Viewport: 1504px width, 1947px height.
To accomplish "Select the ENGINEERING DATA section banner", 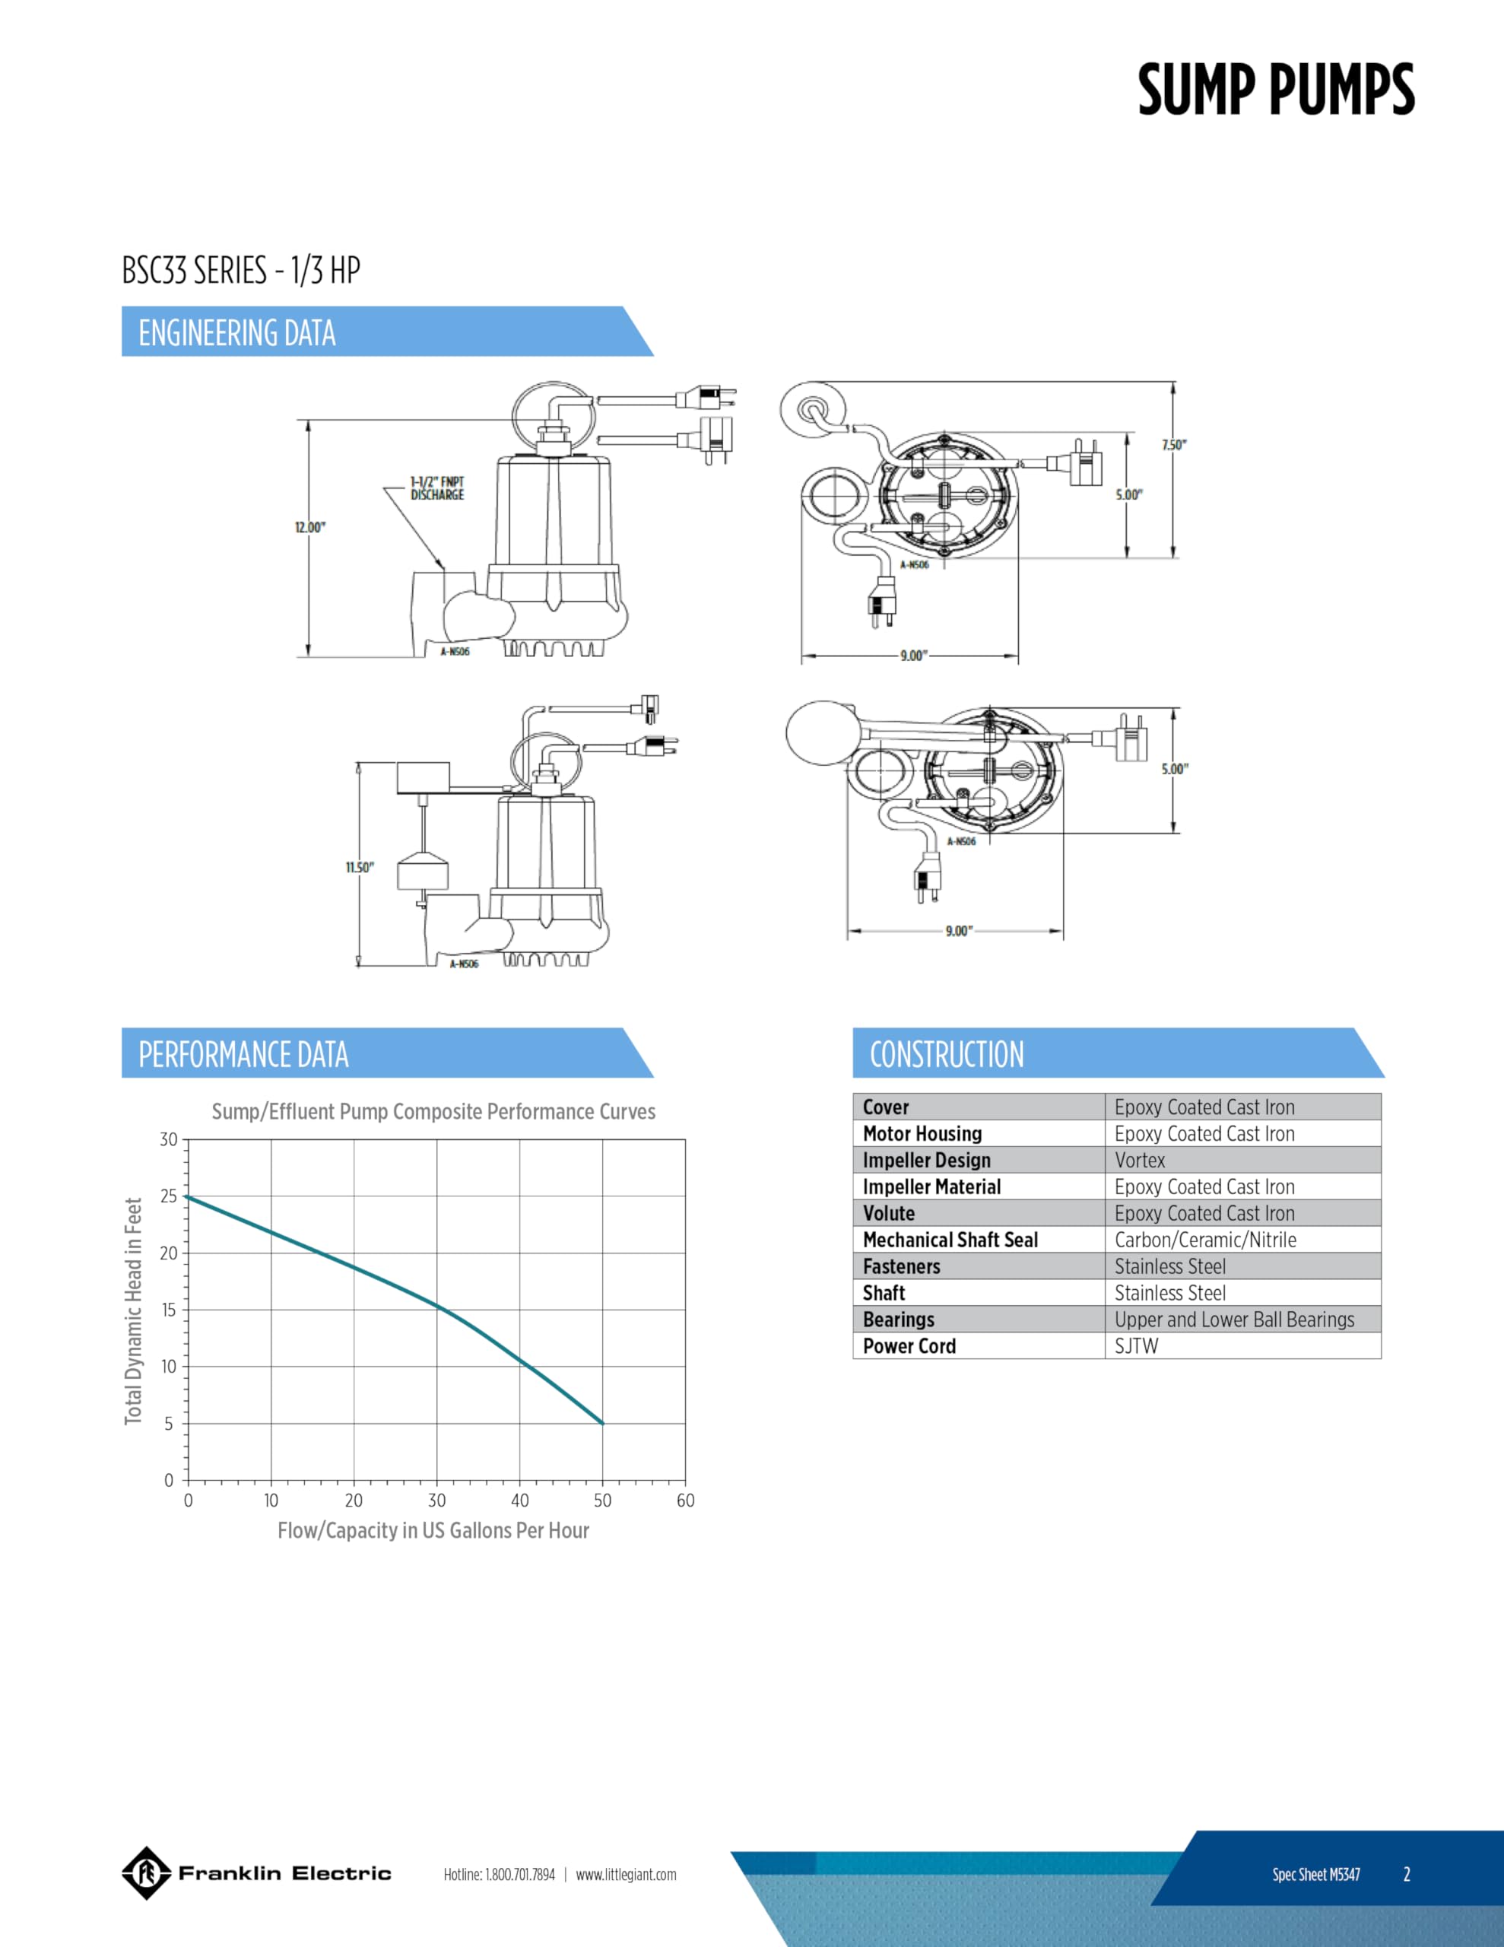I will click(x=237, y=332).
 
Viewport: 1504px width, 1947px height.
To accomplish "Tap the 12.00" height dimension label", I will click(x=309, y=528).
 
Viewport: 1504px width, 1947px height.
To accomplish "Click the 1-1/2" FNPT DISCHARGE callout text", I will click(x=437, y=488).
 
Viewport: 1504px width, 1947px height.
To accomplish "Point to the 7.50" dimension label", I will click(x=1174, y=445).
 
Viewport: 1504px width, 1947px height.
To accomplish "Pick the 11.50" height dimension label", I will click(x=360, y=868).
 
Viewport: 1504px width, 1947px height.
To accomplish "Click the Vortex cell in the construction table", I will click(x=1139, y=1160).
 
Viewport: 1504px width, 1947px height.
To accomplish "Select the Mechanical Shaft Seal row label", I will click(x=950, y=1240).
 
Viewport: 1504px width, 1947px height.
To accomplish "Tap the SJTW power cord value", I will click(x=1136, y=1346).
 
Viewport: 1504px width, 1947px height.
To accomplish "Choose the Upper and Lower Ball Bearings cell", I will click(x=1234, y=1320).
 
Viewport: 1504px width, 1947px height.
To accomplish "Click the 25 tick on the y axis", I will click(x=169, y=1196).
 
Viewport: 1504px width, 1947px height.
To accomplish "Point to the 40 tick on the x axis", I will click(x=520, y=1501).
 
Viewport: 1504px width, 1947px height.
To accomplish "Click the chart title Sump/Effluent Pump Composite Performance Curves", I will click(x=433, y=1112).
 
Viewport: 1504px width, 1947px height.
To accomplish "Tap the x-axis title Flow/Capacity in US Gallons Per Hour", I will click(x=433, y=1531).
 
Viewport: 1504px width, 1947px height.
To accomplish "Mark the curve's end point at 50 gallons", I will click(x=603, y=1424).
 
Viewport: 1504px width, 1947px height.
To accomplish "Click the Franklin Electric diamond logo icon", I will click(x=146, y=1873).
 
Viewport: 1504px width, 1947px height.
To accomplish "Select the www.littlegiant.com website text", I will click(x=626, y=1874).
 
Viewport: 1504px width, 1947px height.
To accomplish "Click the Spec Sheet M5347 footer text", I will click(x=1316, y=1874).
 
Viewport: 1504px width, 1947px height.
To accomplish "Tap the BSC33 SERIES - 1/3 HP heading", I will click(x=241, y=270).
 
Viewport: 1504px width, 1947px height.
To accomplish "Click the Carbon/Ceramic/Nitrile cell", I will click(x=1205, y=1240).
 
